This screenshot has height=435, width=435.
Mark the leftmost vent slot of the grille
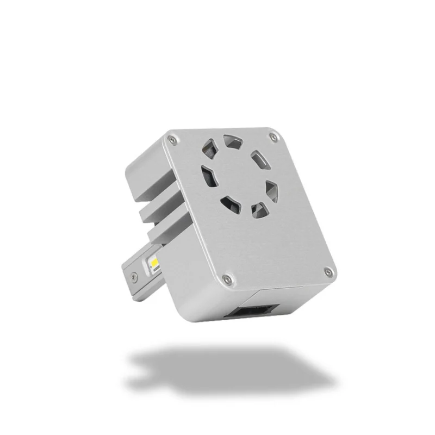point(208,175)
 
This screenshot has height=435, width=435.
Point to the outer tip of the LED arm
point(126,275)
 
